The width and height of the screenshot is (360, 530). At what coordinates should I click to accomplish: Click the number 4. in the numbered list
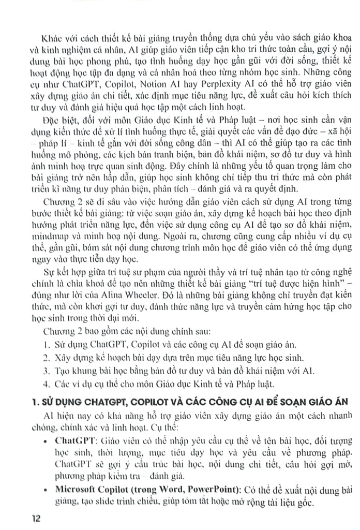coord(47,384)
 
